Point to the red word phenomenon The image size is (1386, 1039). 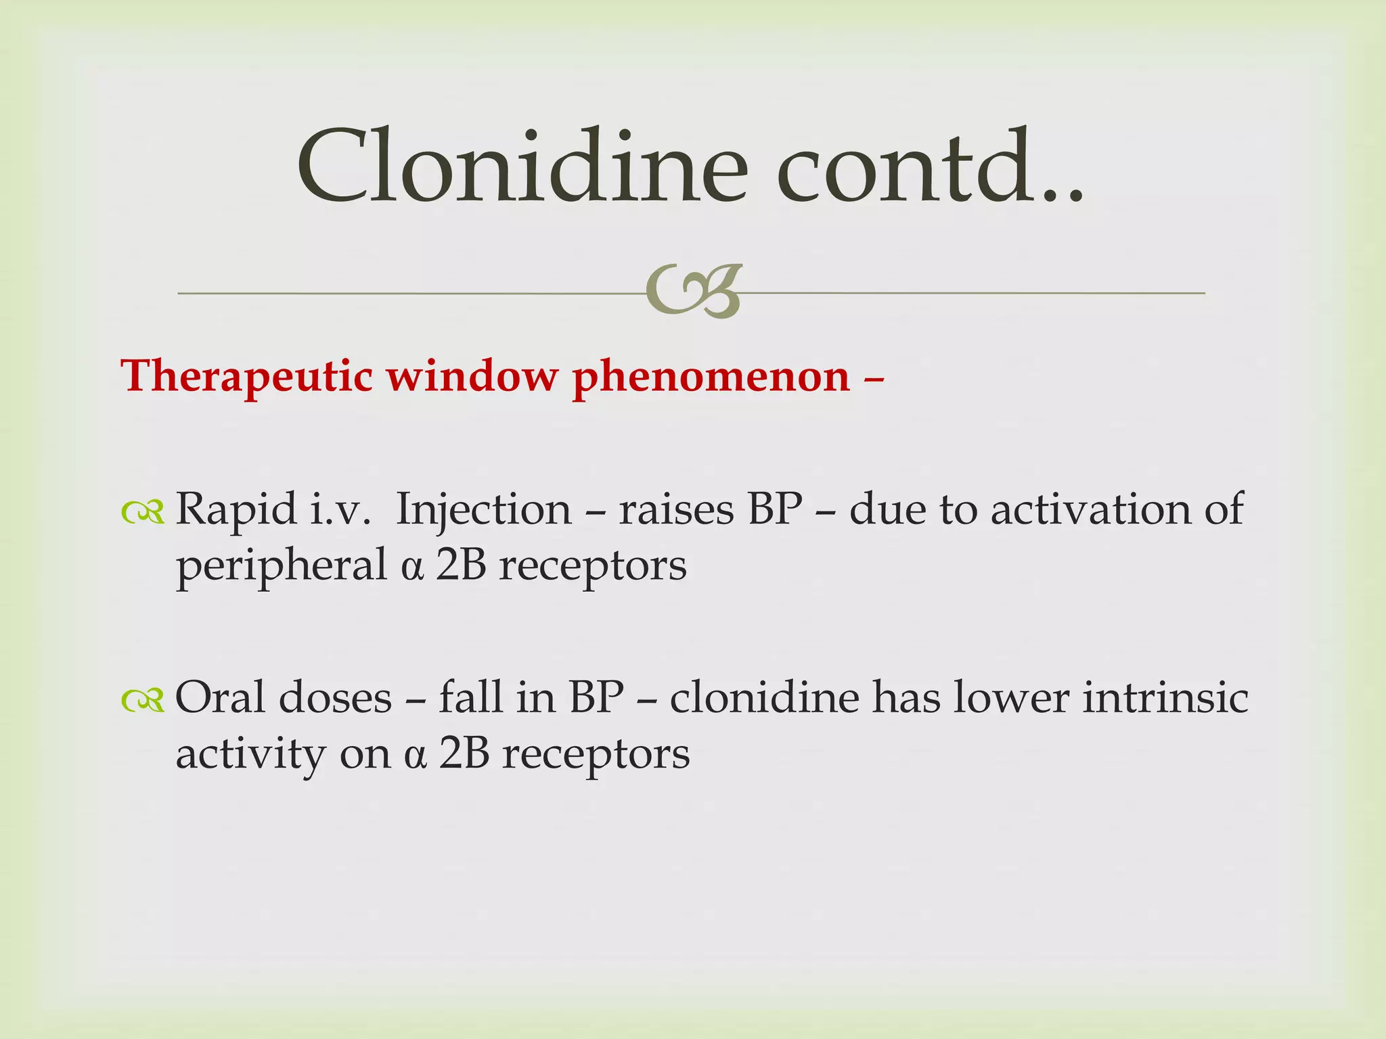tap(711, 376)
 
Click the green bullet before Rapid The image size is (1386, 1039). tap(143, 513)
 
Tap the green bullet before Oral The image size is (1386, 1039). tap(143, 701)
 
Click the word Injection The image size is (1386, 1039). tap(483, 509)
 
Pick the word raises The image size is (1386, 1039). tap(676, 509)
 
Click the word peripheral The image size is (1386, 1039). tap(281, 565)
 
